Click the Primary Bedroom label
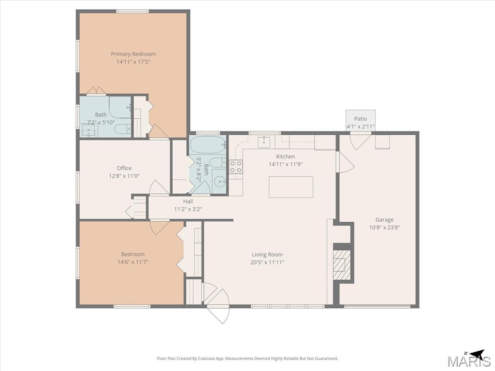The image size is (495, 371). click(133, 54)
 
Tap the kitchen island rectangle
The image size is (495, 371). click(291, 187)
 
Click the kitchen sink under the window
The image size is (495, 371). click(264, 143)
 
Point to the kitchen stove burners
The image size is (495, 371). click(235, 167)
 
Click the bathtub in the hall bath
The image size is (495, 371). click(207, 145)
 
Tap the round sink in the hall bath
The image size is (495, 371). click(218, 182)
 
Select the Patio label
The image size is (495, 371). click(361, 119)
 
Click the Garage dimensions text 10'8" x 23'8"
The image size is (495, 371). click(384, 227)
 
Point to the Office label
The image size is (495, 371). click(124, 168)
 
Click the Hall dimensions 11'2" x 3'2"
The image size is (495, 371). click(188, 209)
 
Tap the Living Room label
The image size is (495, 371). click(267, 255)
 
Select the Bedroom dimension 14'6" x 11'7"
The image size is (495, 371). click(132, 262)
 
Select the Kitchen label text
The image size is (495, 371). click(285, 157)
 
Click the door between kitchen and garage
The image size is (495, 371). click(345, 162)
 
